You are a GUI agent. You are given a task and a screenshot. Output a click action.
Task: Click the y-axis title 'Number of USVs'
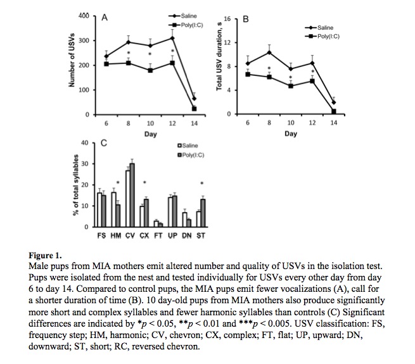[x=72, y=63]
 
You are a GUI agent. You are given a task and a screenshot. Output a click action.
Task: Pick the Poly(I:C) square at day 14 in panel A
[x=194, y=109]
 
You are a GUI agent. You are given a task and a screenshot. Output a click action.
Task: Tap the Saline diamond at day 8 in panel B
[x=269, y=52]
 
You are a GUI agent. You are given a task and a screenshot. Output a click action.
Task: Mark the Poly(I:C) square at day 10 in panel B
[x=291, y=85]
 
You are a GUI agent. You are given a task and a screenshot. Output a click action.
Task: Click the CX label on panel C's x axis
[x=144, y=235]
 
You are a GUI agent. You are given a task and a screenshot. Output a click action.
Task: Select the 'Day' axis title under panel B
[x=290, y=134]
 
